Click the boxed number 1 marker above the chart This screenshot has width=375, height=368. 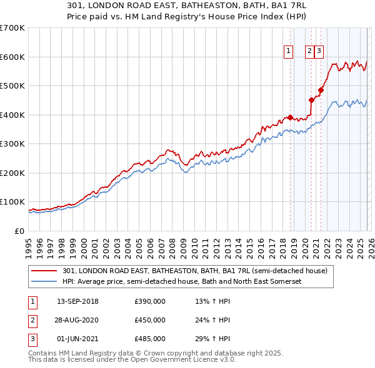[x=289, y=52]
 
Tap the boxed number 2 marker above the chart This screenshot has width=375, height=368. [x=309, y=52]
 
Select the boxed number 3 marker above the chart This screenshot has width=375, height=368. [x=319, y=52]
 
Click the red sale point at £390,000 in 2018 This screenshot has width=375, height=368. [x=290, y=117]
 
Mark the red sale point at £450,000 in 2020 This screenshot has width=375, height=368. [x=311, y=100]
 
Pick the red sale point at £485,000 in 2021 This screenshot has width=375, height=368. [x=320, y=90]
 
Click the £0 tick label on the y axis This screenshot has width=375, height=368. [x=20, y=231]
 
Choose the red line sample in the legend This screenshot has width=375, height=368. [x=45, y=271]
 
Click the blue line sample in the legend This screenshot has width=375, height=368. [x=45, y=282]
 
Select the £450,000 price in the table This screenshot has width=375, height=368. [x=150, y=320]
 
